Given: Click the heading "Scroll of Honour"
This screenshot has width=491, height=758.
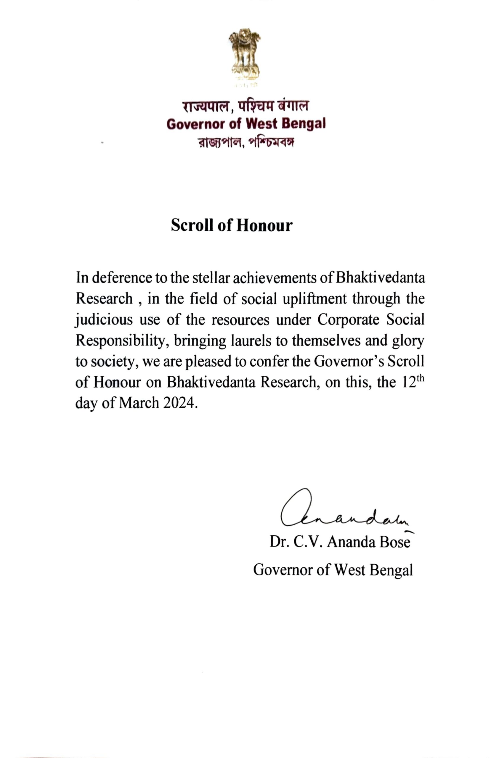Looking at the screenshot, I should click(232, 225).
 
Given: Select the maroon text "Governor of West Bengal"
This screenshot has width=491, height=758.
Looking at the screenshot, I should click(246, 123).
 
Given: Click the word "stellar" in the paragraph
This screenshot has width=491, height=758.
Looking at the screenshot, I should click(210, 277).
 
